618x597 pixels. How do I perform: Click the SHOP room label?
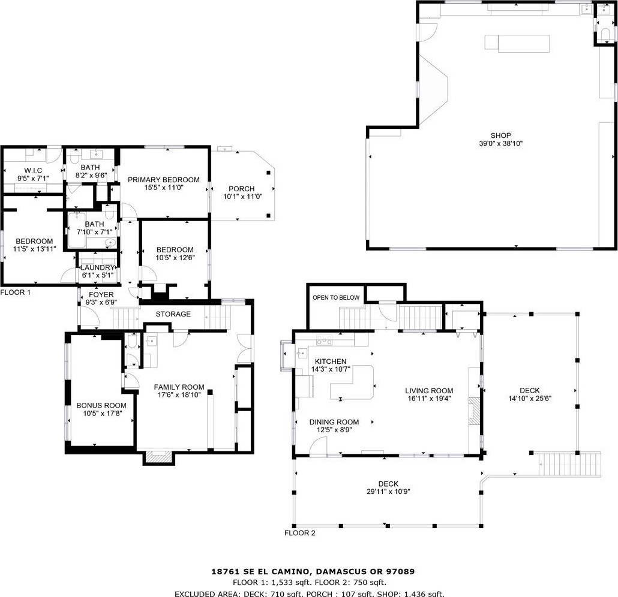500,135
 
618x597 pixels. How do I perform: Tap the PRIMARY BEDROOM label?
164,180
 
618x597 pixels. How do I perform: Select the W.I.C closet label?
33,170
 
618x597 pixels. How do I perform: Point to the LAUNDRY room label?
97,268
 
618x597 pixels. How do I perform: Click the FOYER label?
101,294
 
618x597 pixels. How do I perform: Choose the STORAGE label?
173,314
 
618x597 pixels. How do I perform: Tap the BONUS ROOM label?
101,406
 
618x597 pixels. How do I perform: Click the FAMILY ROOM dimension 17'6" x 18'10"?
179,395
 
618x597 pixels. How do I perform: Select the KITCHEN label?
331,361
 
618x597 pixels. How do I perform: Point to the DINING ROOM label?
334,422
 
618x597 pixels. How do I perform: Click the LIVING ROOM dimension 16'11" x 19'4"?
429,399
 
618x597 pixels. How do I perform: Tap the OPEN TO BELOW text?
336,298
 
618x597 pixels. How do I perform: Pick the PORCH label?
242,189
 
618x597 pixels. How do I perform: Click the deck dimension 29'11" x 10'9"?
389,492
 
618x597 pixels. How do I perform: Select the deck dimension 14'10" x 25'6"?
530,398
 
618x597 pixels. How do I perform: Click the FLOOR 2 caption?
300,533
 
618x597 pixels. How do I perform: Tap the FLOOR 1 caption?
16,293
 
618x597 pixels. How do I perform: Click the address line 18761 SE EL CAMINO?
262,571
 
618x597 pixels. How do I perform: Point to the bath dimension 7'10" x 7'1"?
95,232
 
